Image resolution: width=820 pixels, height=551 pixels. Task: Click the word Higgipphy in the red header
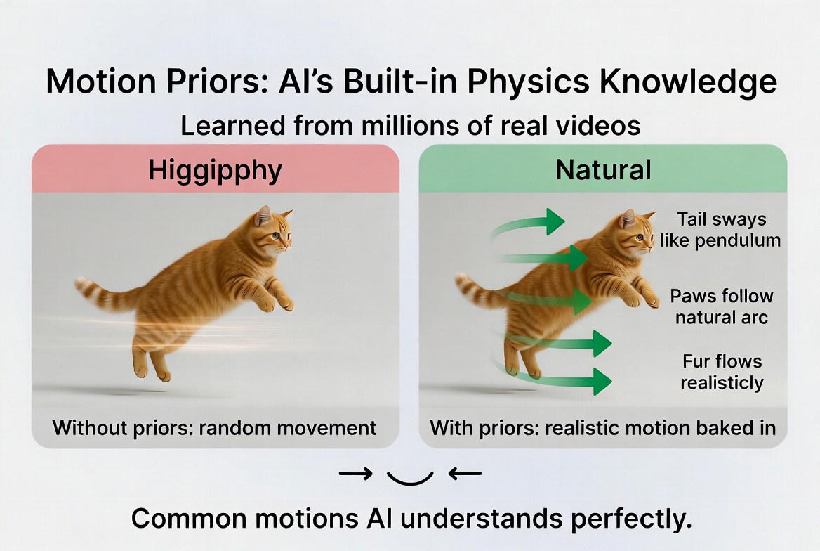point(215,170)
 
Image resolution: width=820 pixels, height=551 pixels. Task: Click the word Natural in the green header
point(603,170)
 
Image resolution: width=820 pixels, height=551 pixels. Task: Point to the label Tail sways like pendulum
point(720,229)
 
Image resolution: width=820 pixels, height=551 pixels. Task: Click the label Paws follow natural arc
point(721,306)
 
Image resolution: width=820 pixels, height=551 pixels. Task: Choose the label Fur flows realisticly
point(722,372)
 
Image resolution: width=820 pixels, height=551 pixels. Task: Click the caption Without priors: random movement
point(215,427)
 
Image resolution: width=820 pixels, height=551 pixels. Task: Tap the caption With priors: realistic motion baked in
point(602,427)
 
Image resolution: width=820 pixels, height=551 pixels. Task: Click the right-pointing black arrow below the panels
point(355,474)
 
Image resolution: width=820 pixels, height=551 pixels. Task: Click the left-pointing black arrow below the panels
point(465,474)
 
